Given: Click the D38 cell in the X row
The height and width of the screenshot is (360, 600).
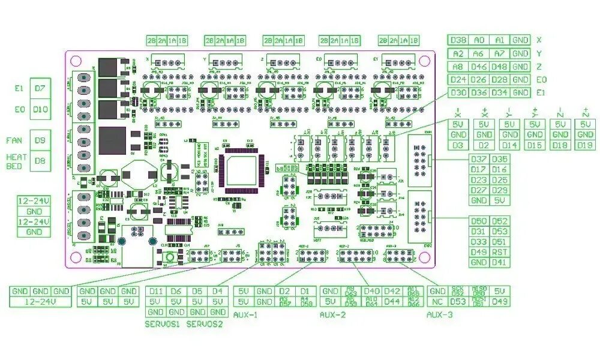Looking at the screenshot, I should (458, 40).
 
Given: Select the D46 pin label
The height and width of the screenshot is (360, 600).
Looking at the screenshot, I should (479, 67).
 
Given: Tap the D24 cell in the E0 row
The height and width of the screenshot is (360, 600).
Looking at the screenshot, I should (458, 80).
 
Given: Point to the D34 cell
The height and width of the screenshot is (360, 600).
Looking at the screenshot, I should (499, 93).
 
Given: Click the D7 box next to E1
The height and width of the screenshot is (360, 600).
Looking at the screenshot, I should (40, 88).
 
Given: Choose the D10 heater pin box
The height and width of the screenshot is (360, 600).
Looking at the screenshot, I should (40, 110).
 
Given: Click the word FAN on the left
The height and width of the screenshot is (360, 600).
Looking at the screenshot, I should (14, 140).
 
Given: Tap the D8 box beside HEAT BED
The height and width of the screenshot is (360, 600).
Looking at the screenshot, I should (40, 161).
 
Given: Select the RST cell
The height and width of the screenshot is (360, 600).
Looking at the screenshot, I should (499, 252).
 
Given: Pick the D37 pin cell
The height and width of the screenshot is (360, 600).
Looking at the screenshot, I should (479, 160).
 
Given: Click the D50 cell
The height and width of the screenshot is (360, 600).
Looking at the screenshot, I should (479, 221).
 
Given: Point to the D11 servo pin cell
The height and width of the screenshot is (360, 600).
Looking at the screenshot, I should (155, 291).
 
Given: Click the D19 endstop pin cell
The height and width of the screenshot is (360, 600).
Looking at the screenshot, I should (585, 145).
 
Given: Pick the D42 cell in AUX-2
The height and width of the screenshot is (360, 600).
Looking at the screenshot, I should (392, 291).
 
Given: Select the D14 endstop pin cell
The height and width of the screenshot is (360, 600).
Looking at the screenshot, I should (509, 145).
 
